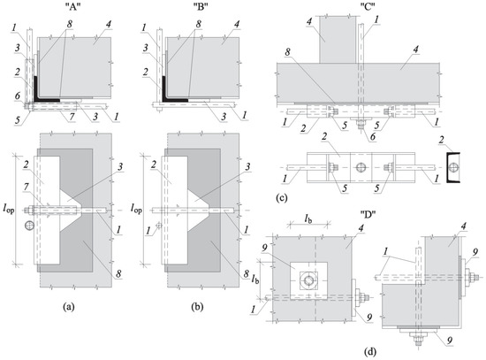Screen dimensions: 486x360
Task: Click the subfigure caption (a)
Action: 69,307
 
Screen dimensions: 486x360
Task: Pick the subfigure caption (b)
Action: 197,307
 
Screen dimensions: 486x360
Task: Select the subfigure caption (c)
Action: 281,197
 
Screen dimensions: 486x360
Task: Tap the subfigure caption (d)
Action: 370,353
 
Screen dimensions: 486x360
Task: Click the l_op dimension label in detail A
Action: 9,210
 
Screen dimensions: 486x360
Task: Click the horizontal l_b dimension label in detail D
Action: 308,219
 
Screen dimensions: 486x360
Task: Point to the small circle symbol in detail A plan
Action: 29,226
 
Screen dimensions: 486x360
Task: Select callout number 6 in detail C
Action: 372,136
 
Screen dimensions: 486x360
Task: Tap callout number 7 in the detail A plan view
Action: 27,188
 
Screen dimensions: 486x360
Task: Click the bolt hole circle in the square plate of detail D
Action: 308,280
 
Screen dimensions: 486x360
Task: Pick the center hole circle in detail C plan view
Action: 361,167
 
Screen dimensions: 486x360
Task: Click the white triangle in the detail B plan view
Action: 198,211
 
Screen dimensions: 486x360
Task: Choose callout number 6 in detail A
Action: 18,96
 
